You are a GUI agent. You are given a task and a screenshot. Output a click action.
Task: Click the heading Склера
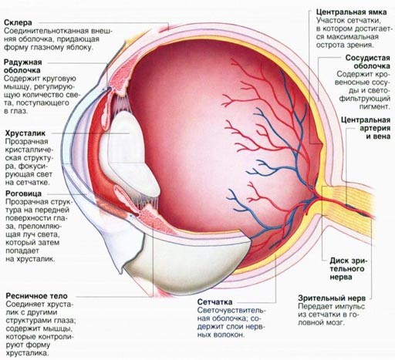[x=18, y=22]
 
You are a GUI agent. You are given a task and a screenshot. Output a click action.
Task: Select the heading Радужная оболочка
[x=22, y=66]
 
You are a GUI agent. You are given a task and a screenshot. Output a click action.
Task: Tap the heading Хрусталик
[x=25, y=133]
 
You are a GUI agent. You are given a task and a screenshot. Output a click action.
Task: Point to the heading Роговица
[x=23, y=193]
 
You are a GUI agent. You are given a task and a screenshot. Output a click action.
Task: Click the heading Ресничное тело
[x=36, y=296]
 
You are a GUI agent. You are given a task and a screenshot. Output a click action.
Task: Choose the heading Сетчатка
[x=214, y=302]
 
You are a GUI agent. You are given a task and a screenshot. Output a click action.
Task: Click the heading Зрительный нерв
[x=332, y=298]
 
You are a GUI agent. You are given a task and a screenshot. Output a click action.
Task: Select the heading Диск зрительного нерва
[x=349, y=269]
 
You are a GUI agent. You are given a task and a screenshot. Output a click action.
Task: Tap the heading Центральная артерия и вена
[x=366, y=128]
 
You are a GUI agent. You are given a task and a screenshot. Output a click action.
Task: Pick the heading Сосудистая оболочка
[x=368, y=62]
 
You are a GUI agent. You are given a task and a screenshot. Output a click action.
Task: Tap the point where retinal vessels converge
[x=317, y=197]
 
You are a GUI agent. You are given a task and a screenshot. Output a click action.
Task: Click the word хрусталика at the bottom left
[x=27, y=353]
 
